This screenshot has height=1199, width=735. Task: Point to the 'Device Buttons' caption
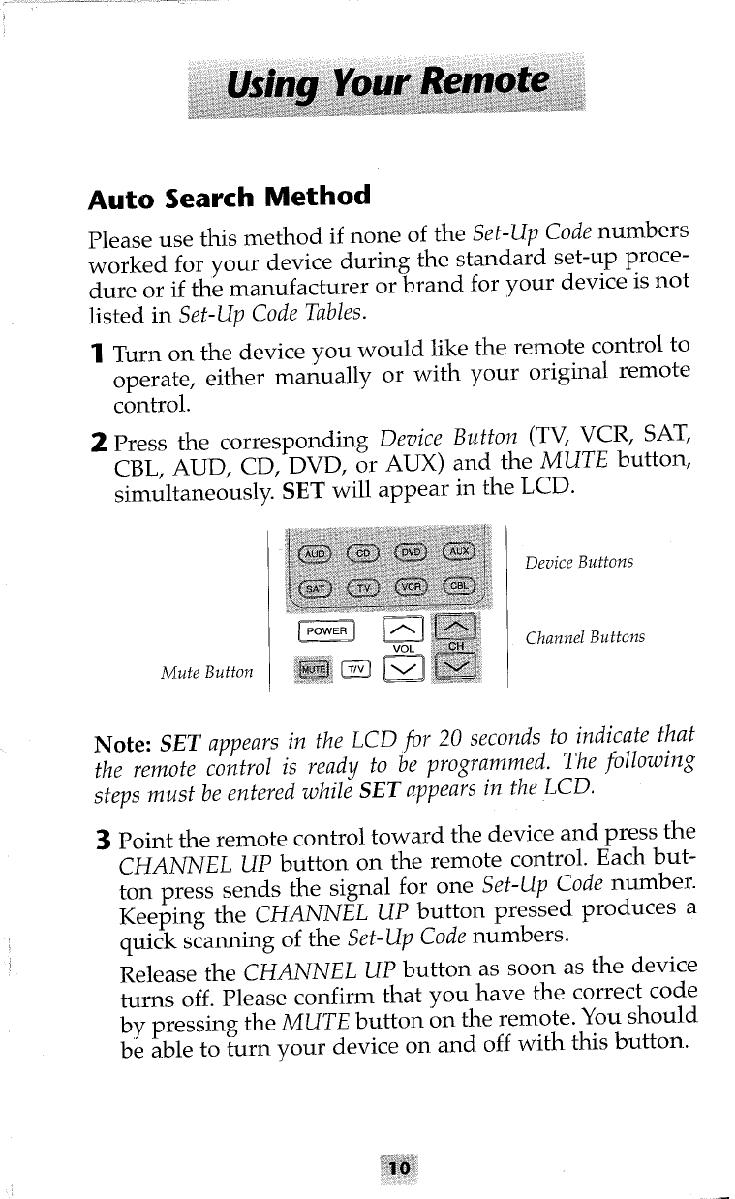578,563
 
